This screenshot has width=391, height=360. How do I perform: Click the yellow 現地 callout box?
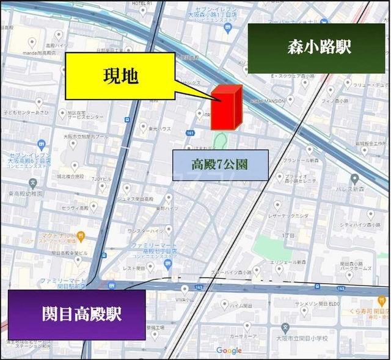120,76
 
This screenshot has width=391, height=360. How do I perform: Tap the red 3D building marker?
227,107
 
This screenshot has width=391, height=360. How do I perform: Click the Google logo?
229,350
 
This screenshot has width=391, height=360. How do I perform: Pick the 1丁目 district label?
279,234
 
